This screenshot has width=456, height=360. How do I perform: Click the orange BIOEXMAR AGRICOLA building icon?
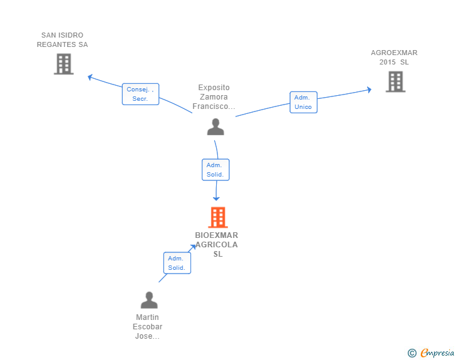218,217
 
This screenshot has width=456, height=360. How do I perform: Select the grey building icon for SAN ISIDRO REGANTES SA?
64,64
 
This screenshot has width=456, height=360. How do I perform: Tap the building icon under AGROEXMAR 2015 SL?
395,82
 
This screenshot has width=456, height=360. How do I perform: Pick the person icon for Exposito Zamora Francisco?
215,127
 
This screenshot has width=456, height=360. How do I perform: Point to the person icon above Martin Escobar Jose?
149,300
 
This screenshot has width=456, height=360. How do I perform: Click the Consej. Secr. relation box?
140,94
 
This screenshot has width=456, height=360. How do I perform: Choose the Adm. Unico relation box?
303,102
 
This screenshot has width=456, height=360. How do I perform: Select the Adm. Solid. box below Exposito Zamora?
215,170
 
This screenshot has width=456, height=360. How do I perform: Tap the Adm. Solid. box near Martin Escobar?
177,263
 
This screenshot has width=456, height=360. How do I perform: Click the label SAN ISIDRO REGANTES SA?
62,40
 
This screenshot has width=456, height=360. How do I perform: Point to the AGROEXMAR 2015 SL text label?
394,57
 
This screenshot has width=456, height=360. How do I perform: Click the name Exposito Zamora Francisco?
214,97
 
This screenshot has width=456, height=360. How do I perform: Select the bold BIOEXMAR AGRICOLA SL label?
217,245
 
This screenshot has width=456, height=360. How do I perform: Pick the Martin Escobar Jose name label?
147,327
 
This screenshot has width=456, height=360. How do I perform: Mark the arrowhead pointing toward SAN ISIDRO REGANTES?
90,77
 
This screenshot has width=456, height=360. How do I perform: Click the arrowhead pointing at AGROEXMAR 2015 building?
369,90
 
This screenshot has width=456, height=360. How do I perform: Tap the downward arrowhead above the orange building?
216,198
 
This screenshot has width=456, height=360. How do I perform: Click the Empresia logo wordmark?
437,352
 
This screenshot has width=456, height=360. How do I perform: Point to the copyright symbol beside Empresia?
412,353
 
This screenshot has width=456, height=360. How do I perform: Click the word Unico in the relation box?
303,106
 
